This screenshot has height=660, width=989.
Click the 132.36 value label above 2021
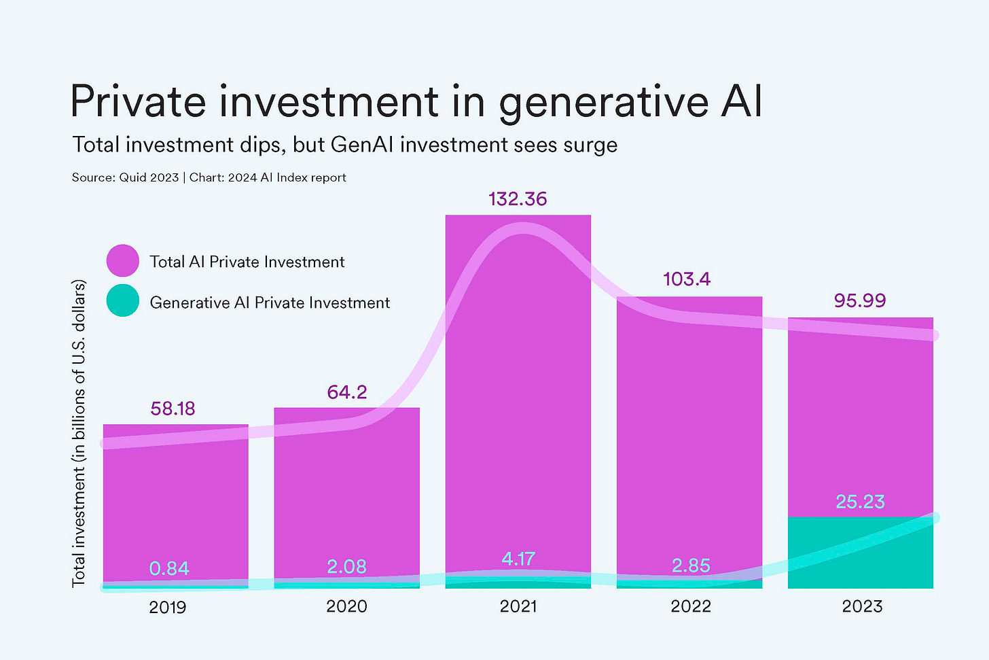pos(518,199)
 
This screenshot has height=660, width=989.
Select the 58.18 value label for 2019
pos(173,409)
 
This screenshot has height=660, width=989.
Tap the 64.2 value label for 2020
pos(346,392)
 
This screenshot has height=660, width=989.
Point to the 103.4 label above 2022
pos(687,279)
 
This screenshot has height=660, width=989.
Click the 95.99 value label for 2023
pos(860,300)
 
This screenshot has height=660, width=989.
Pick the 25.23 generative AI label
pos(860,502)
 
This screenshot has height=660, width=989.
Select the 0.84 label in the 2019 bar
pos(169,568)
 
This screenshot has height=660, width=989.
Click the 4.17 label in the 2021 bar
pos(518,559)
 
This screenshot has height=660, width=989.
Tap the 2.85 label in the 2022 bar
pos(691,566)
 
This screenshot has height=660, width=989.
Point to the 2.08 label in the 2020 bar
pos(346,566)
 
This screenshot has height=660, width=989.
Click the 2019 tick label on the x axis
pos(168,607)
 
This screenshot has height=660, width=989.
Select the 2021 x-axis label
pos(518,606)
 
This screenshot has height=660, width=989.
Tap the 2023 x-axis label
pos(862,606)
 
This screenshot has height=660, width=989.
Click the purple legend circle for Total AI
pos(123,261)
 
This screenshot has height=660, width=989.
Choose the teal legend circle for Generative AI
pos(123,300)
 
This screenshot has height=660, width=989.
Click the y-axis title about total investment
pos(79,433)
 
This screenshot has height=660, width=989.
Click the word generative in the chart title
pos(603,102)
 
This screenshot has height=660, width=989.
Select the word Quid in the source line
pos(134,177)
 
